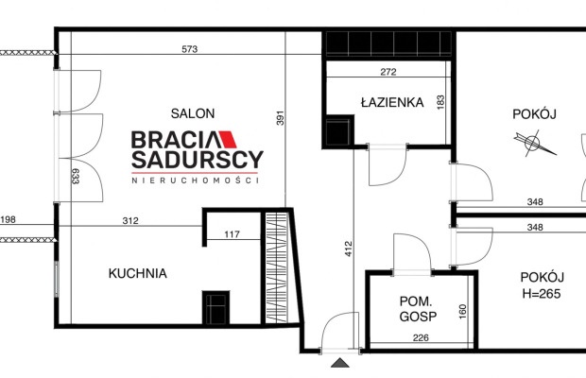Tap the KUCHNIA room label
tap(137, 274)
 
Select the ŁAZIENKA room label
tap(391, 103)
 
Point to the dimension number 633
tap(76, 175)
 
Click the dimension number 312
tap(129, 222)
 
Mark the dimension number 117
tap(233, 234)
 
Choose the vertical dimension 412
tap(348, 249)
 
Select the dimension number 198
tap(9, 222)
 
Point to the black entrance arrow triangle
tap(339, 362)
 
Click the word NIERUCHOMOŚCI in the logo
tap(196, 180)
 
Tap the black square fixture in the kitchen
tap(215, 308)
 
